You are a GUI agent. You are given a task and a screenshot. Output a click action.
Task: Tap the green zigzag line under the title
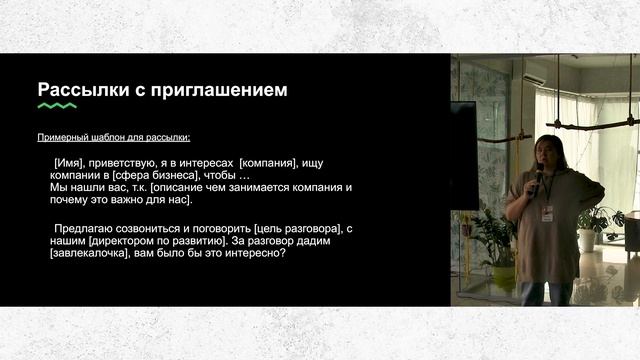tap(57, 106)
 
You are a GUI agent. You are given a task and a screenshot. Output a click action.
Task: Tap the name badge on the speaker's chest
tap(547, 213)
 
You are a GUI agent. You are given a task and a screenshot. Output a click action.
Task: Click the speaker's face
tap(550, 153)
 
